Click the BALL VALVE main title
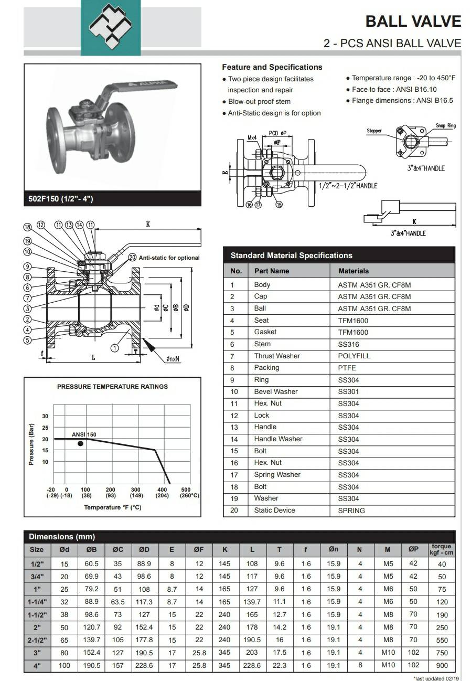click(413, 22)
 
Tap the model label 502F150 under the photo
click(61, 199)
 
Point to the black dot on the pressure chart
click(80, 444)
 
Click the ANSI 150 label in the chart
click(84, 434)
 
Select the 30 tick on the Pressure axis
click(45, 416)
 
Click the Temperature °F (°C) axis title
click(113, 507)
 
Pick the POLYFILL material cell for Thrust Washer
click(354, 356)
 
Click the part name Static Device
click(274, 510)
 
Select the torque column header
click(442, 549)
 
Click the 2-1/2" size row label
click(37, 640)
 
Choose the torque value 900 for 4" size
click(442, 665)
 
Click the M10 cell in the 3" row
click(388, 652)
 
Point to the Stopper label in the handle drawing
click(374, 131)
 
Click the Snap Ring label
click(446, 125)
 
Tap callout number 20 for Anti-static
click(133, 258)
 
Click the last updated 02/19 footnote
click(437, 678)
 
